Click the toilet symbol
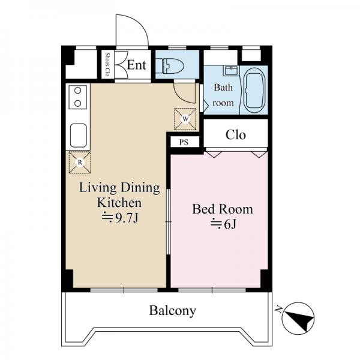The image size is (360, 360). tap(173, 66)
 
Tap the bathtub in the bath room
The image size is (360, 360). tap(254, 90)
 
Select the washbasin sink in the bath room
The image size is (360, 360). tap(232, 71)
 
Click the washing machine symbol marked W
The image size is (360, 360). tap(185, 119)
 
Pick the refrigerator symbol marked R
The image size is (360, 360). tap(80, 163)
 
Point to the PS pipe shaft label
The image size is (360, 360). tap(184, 142)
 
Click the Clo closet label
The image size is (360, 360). tap(236, 135)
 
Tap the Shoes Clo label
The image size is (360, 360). tap(107, 65)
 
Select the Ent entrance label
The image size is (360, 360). tap(136, 65)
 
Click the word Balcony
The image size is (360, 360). tap(173, 311)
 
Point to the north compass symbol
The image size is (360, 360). tap(298, 319)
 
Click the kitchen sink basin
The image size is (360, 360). tap(78, 136)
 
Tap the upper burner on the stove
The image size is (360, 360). tap(78, 91)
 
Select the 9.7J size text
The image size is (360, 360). tap(121, 218)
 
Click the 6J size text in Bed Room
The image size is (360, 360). tap(223, 224)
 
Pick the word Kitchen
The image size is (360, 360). tap(119, 203)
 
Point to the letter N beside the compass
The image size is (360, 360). tap(279, 310)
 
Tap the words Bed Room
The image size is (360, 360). tap(223, 209)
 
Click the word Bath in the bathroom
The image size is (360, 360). tap(223, 88)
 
